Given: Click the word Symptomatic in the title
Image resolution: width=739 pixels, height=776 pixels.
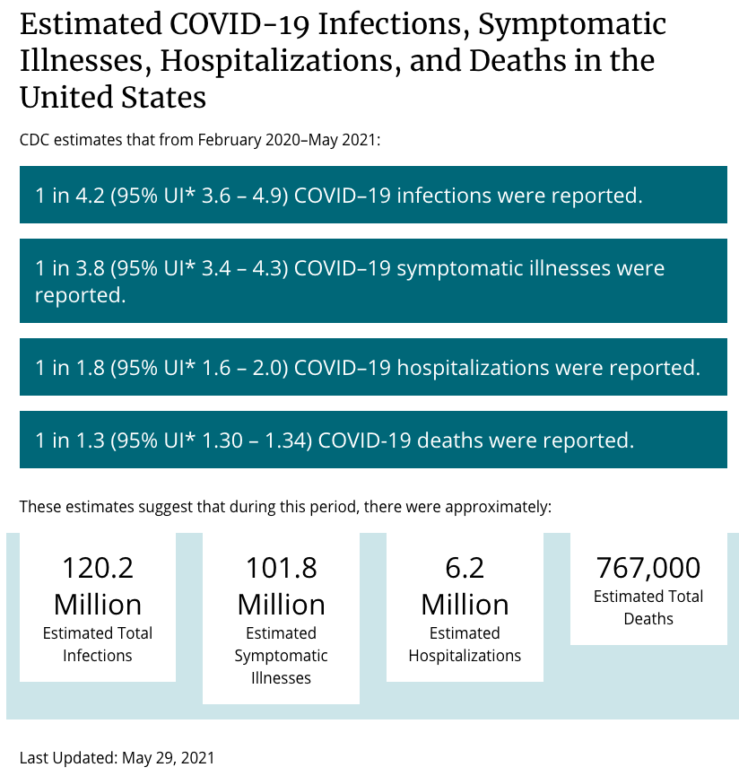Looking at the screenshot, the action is pyautogui.click(x=572, y=25).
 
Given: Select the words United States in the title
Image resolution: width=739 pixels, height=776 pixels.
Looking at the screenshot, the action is pyautogui.click(x=113, y=97).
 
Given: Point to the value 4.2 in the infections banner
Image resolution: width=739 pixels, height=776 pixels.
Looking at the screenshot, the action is pyautogui.click(x=90, y=196).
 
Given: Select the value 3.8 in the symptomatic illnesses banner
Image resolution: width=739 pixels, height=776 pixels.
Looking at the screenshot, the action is pyautogui.click(x=90, y=268).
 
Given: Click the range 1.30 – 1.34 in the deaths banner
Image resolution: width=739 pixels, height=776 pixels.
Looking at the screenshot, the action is pyautogui.click(x=254, y=440).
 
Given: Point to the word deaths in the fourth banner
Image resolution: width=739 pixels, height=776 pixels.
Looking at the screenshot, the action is pyautogui.click(x=449, y=440).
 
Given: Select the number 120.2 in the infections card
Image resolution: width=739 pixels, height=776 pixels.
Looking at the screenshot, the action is pyautogui.click(x=98, y=568).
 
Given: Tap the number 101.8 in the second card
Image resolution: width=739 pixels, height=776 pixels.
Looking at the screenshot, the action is pyautogui.click(x=281, y=568).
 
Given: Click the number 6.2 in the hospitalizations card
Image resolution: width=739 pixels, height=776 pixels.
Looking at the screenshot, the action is pyautogui.click(x=465, y=568).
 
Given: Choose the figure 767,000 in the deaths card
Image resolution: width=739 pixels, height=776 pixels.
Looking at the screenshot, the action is pyautogui.click(x=648, y=568).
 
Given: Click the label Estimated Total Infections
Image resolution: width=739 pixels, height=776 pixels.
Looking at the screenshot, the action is pyautogui.click(x=98, y=644).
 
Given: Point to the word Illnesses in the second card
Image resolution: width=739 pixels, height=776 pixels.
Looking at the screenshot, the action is pyautogui.click(x=281, y=678).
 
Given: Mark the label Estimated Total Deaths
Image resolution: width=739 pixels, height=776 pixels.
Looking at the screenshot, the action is pyautogui.click(x=648, y=607).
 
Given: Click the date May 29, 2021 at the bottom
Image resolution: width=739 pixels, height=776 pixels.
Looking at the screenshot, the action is pyautogui.click(x=169, y=758).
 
